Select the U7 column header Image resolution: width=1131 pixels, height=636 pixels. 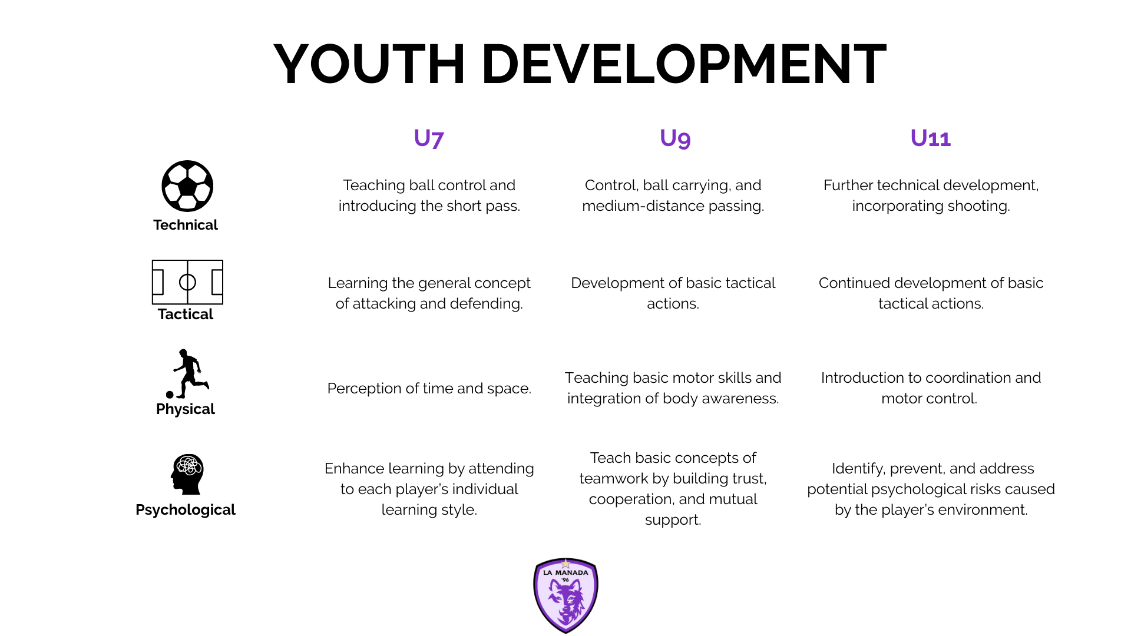(429, 138)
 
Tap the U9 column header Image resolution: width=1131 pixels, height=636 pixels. (675, 138)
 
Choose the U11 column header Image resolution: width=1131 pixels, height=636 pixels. (931, 138)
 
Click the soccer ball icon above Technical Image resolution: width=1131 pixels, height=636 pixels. (187, 186)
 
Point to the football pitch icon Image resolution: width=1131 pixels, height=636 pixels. (187, 282)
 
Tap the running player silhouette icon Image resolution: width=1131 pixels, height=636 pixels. (188, 374)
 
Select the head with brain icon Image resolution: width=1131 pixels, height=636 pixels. (187, 474)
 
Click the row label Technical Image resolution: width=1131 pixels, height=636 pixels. (186, 225)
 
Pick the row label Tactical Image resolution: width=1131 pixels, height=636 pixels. (186, 314)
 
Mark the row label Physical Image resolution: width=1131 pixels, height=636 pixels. (186, 409)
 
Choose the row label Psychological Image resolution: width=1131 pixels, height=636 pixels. (186, 510)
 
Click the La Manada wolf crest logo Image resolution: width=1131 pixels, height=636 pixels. (565, 595)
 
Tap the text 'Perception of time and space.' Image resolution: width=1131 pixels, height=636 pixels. (429, 389)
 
